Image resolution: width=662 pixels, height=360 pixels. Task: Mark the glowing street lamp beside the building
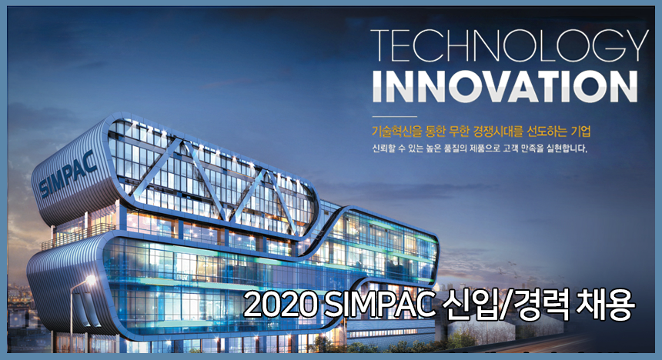click(x=91, y=278)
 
